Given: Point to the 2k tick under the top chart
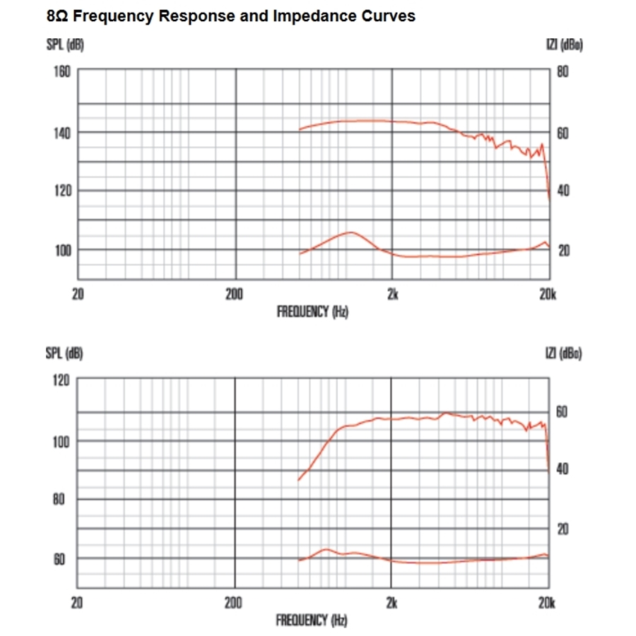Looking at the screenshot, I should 393,294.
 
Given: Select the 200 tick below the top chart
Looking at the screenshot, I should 235,294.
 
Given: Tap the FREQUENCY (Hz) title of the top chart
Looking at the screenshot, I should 312,311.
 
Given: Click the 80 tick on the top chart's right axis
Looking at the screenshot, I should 563,71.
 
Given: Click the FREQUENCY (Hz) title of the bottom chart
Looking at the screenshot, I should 312,620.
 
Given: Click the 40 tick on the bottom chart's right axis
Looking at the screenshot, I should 563,469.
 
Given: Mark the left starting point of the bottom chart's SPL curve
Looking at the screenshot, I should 299,481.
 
